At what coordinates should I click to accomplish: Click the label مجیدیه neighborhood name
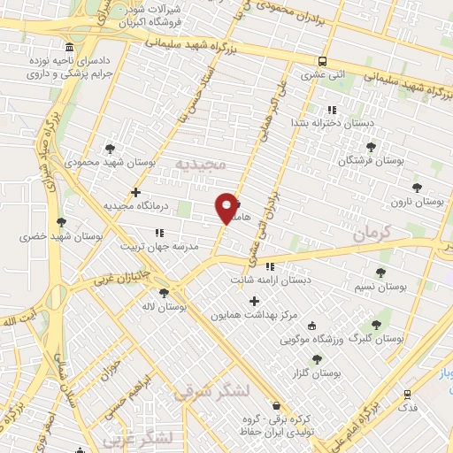[x=201, y=165]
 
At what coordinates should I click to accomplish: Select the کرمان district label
[x=371, y=234]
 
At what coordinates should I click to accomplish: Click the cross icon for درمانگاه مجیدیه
[x=135, y=192]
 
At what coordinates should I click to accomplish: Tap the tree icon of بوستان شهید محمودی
[x=110, y=149]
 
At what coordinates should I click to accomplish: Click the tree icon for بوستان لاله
[x=163, y=292]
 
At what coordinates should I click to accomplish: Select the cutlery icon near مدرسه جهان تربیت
[x=159, y=233]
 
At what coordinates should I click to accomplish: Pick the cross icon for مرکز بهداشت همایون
[x=255, y=301]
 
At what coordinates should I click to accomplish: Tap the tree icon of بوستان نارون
[x=417, y=187]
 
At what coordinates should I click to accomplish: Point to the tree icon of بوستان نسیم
[x=381, y=273]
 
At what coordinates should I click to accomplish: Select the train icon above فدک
[x=407, y=394]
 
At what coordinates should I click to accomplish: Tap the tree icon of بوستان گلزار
[x=317, y=358]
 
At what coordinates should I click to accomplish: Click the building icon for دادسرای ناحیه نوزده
[x=70, y=46]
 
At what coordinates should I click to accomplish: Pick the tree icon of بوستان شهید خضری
[x=60, y=222]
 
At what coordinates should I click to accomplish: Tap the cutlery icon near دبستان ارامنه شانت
[x=270, y=266]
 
